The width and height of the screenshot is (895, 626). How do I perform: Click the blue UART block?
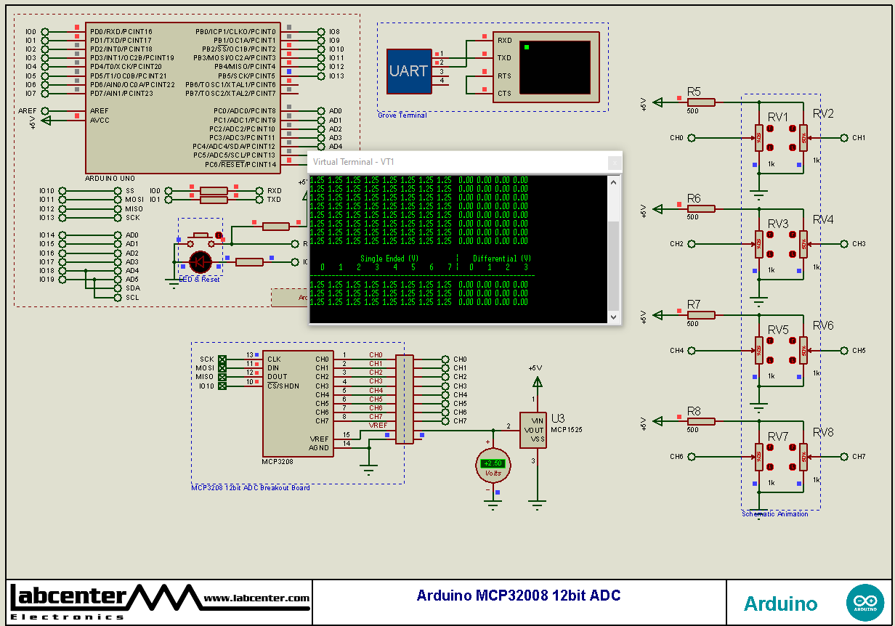[408, 70]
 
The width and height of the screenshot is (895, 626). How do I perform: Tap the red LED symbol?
[200, 261]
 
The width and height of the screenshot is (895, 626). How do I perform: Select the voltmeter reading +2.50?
[493, 464]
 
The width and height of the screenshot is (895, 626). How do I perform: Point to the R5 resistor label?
[694, 92]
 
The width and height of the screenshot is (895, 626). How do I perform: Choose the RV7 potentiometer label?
[777, 436]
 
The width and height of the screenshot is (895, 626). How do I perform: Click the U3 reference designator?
[558, 418]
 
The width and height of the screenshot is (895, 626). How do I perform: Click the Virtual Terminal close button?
[614, 163]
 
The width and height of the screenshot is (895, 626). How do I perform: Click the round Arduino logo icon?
[864, 603]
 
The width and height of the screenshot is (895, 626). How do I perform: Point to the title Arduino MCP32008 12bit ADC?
[519, 596]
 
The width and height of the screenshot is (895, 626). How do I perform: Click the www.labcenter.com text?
[256, 598]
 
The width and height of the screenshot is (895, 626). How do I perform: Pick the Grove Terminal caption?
[402, 115]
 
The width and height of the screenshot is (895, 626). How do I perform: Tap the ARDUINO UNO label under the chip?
[110, 178]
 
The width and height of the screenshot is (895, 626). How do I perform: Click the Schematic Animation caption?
[774, 514]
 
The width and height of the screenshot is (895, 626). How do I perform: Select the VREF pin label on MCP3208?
[319, 439]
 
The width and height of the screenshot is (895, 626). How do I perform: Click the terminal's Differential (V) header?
[502, 259]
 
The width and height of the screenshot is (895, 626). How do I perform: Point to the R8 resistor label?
[694, 412]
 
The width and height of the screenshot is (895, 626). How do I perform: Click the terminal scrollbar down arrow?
[614, 317]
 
